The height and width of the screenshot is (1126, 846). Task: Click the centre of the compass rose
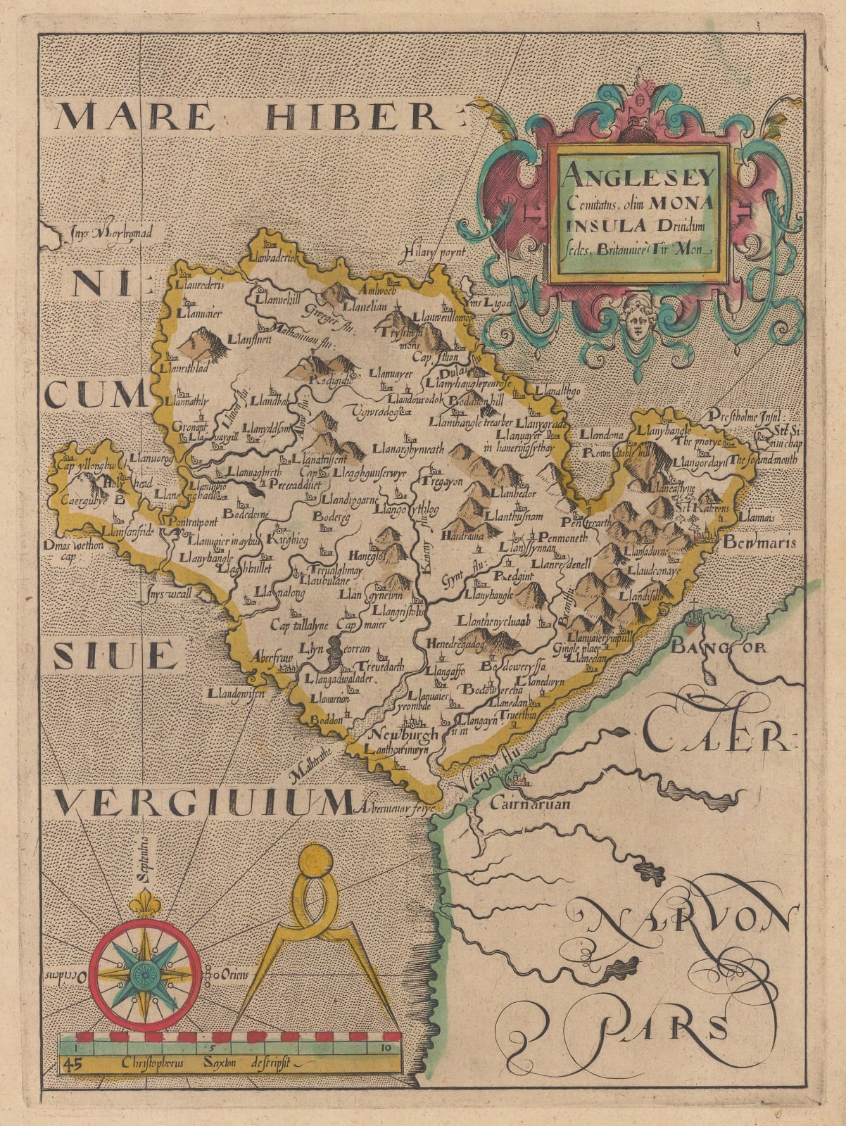[x=146, y=975]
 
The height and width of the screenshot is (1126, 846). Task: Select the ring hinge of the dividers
[x=315, y=864]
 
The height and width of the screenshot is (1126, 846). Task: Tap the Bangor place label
[x=718, y=646]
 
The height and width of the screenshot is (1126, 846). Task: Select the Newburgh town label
[x=403, y=734]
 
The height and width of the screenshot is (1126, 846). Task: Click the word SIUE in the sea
[x=114, y=656]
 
